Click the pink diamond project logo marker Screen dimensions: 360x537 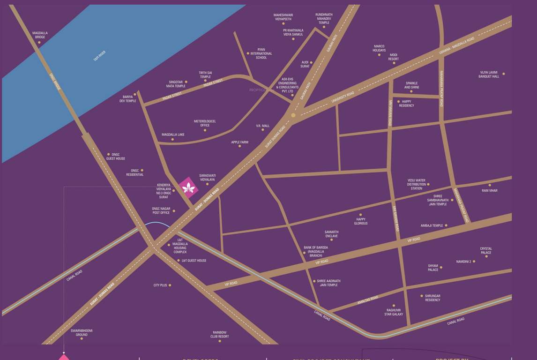tap(188, 188)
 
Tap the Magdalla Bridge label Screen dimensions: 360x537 tap(40, 35)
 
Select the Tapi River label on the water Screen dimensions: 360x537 tap(99, 55)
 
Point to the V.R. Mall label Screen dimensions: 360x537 tap(262, 126)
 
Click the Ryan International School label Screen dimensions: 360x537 tap(261, 53)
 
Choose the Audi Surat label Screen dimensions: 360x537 tap(305, 64)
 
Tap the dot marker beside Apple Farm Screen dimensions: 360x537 tap(240, 146)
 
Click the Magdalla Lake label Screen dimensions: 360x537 tap(173, 135)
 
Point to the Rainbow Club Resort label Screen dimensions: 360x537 tap(219, 334)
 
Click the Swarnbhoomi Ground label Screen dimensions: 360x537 tap(82, 332)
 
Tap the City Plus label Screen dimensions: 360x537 tap(160, 285)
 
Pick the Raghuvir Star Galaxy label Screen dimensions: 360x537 tap(394, 312)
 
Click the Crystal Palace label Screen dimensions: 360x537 tap(486, 251)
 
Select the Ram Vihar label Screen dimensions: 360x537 tap(489, 191)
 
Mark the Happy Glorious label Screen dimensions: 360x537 tap(360, 221)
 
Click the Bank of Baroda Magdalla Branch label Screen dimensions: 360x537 tap(315, 251)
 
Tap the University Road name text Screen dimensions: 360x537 tap(343, 97)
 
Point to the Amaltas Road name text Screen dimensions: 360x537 tap(367, 300)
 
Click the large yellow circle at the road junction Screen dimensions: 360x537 tap(293, 115)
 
